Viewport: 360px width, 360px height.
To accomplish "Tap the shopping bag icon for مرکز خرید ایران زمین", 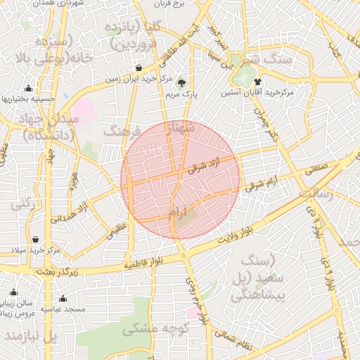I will pos(139,69).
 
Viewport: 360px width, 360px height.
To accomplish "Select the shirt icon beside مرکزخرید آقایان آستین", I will pos(266,81).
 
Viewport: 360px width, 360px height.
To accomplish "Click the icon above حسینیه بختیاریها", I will pos(28,89).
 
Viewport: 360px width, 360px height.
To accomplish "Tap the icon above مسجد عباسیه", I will pos(63,298).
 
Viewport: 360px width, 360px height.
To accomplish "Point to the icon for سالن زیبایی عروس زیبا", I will pos(13,292).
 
